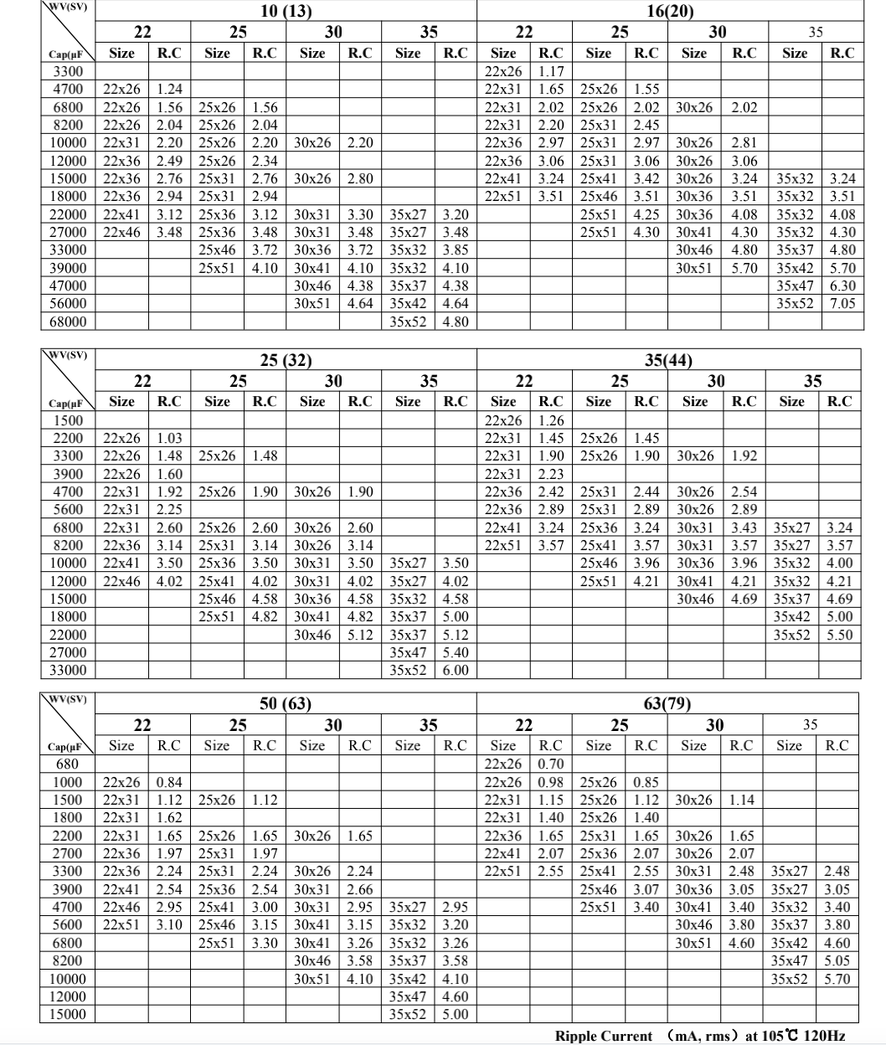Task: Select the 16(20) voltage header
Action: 668,12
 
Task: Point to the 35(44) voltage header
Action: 668,361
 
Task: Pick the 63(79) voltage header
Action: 668,704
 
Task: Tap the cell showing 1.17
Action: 551,71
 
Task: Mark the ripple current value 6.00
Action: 456,671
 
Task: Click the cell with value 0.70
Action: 551,764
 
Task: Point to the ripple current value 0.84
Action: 169,782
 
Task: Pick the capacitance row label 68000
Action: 69,322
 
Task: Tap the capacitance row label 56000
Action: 69,304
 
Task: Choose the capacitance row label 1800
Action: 68,817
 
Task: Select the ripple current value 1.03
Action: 169,438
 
